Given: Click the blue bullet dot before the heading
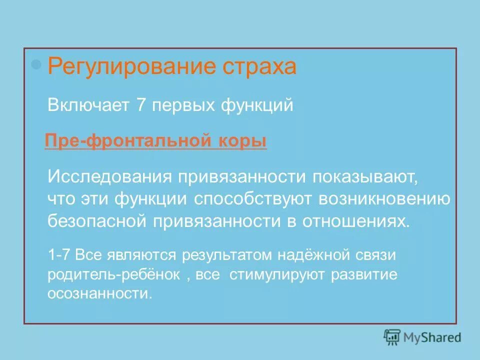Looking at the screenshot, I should [x=35, y=64].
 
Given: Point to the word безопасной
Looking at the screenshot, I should [x=93, y=221].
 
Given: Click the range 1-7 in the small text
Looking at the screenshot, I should [x=59, y=255].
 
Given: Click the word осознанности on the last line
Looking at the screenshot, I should [x=98, y=293].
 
